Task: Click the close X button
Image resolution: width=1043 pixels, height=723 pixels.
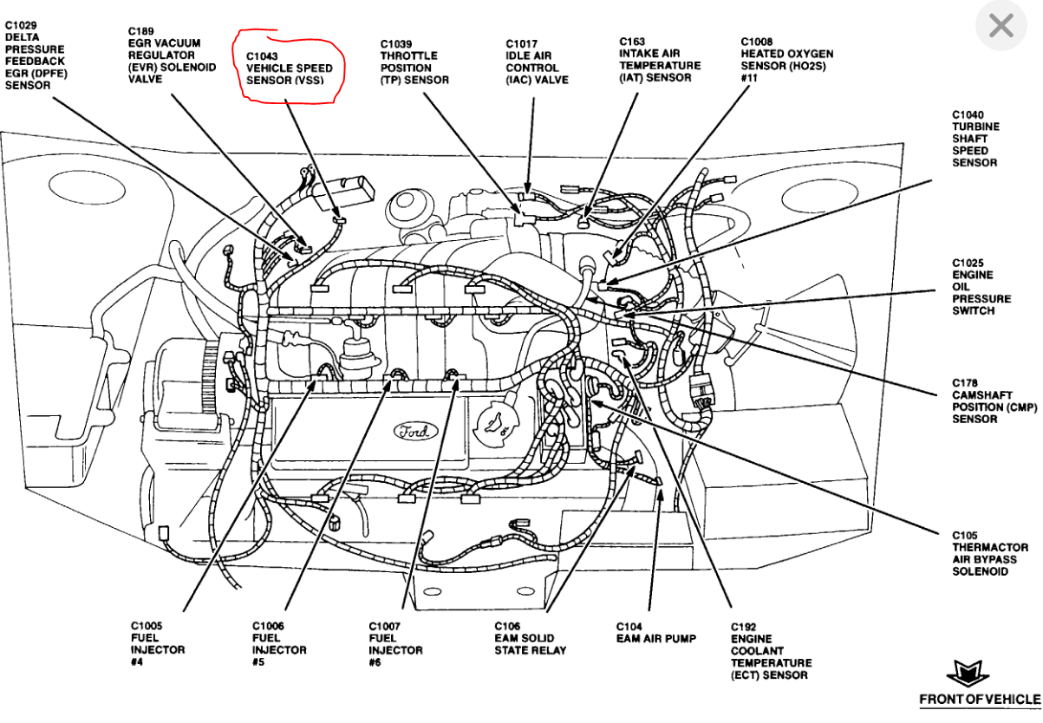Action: pos(1001,27)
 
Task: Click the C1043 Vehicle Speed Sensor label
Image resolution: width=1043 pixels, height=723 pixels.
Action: pos(289,68)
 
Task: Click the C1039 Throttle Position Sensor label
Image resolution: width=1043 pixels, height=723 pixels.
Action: pos(414,62)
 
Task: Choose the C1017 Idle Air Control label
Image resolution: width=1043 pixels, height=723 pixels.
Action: pos(537,62)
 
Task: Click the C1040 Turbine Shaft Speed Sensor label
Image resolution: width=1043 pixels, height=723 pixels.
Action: pos(975,139)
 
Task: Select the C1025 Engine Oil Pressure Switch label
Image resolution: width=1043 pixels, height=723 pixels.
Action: pos(981,287)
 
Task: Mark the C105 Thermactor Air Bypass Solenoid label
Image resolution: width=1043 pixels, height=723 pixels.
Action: pos(990,553)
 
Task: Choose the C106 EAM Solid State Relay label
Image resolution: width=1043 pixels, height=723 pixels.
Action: pos(530,638)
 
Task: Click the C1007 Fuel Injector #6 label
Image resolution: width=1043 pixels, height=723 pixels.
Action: pos(395,644)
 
